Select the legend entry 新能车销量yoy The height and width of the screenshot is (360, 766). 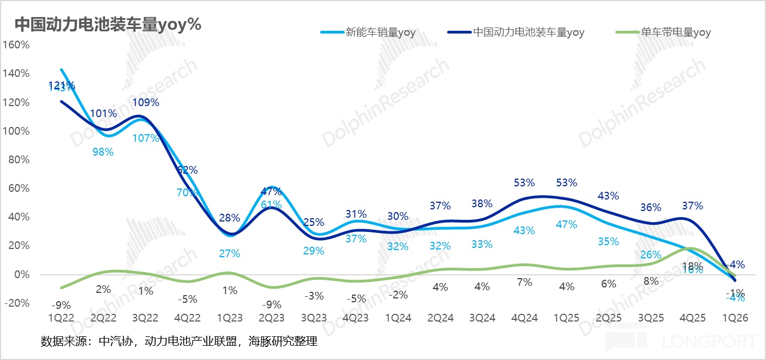pyautogui.click(x=380, y=32)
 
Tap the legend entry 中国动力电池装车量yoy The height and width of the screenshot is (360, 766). pyautogui.click(x=528, y=32)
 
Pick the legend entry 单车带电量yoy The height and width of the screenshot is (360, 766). pyautogui.click(x=676, y=32)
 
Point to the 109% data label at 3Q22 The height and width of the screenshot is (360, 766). pyautogui.click(x=146, y=103)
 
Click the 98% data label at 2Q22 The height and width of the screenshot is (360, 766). pyautogui.click(x=103, y=152)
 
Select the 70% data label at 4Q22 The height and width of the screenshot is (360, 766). pyautogui.click(x=187, y=192)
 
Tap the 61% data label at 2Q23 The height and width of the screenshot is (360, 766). pyautogui.click(x=271, y=204)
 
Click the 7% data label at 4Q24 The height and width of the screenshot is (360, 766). pyautogui.click(x=525, y=283)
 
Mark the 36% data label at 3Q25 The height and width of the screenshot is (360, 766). pyautogui.click(x=651, y=208)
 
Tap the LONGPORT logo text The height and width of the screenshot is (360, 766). pyautogui.click(x=709, y=342)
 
